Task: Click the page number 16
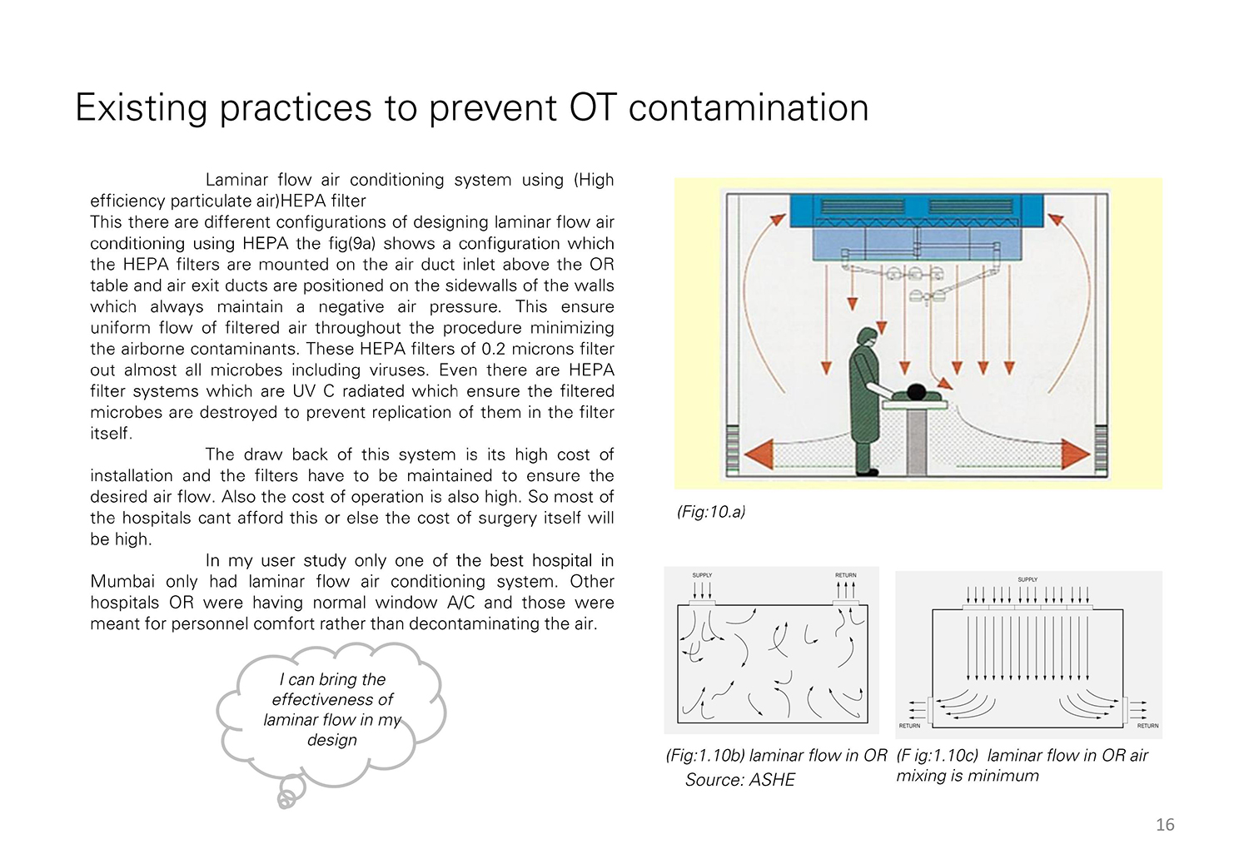(x=1165, y=824)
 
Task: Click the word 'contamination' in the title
(x=749, y=107)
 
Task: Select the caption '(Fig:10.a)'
(x=711, y=511)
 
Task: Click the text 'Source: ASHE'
(x=740, y=779)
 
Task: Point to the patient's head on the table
(x=915, y=392)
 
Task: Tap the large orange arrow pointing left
(x=759, y=454)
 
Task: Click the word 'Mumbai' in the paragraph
(x=122, y=581)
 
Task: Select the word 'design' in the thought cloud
(x=331, y=740)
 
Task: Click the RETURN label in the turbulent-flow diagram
(x=845, y=575)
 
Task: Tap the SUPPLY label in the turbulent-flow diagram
(x=702, y=575)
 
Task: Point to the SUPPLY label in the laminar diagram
(x=1028, y=579)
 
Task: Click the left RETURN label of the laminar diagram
(x=909, y=726)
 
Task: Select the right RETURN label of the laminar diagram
(x=1147, y=726)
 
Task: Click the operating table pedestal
(x=916, y=443)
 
